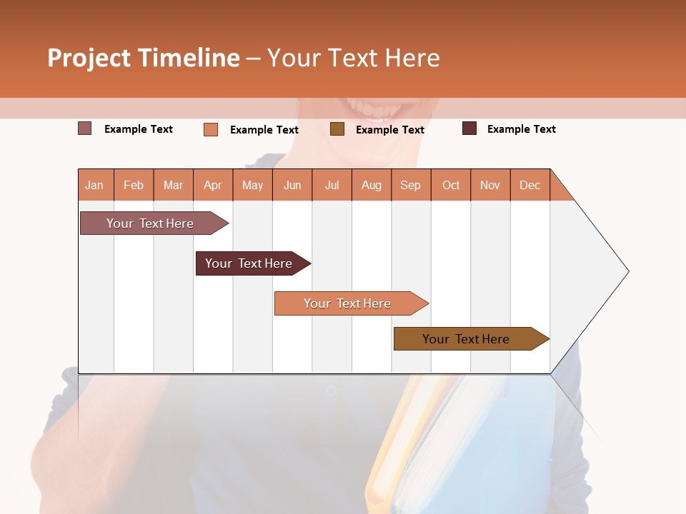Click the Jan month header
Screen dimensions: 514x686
(x=95, y=185)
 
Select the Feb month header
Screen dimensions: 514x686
(x=134, y=185)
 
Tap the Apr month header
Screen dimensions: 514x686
(x=213, y=185)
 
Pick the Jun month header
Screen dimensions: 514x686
(x=292, y=185)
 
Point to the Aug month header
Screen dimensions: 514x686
(x=372, y=185)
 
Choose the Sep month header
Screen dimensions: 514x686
(x=411, y=185)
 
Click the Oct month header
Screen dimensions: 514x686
(x=451, y=185)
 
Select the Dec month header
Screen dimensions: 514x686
(x=530, y=185)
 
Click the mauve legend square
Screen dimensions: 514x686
(x=84, y=128)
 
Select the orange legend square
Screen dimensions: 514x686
(x=211, y=129)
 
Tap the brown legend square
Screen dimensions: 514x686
(x=337, y=128)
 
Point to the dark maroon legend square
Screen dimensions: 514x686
(x=469, y=128)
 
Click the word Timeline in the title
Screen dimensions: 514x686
(x=189, y=58)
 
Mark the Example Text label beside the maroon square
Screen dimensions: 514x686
(x=521, y=129)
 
